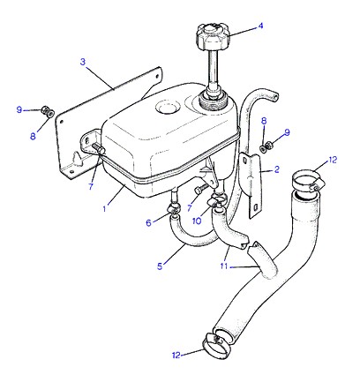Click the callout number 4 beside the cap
[x=260, y=26]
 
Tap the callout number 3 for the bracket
[x=83, y=62]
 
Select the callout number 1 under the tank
[x=104, y=209]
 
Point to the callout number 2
[x=276, y=169]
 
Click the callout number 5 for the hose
[x=160, y=266]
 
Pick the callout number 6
[x=148, y=223]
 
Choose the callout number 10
[x=197, y=221]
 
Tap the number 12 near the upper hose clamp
[x=333, y=161]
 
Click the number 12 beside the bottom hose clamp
[x=176, y=356]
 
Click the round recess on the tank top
[x=168, y=107]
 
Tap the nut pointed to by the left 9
[x=48, y=110]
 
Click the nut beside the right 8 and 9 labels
[x=266, y=146]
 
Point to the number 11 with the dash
[x=226, y=266]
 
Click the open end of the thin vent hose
[x=275, y=97]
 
